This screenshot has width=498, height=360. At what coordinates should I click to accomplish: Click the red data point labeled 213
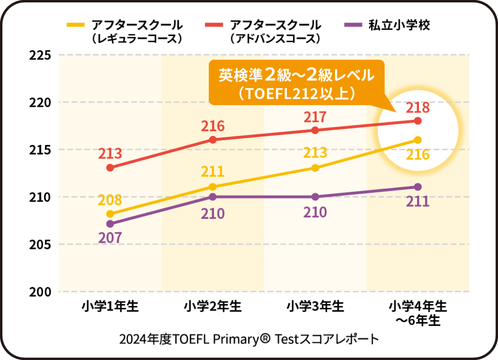110,168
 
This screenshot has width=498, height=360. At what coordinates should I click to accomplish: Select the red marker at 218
418,121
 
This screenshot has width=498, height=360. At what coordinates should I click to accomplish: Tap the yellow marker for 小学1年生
110,214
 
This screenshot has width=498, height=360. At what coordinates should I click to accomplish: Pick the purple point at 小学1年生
110,224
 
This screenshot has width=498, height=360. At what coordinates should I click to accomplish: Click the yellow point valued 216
418,140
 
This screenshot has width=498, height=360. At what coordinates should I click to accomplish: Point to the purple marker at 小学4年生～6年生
418,187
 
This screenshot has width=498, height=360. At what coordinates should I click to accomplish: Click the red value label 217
315,117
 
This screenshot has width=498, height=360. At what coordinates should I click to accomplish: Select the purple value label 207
110,237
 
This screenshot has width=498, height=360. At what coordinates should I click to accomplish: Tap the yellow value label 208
110,200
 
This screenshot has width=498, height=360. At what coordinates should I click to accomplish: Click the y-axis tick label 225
40,55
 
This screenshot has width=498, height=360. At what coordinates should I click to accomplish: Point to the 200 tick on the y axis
40,292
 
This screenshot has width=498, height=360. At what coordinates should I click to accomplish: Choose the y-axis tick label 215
40,150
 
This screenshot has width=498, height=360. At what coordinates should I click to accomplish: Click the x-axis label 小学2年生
213,306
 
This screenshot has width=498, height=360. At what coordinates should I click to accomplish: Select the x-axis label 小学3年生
315,306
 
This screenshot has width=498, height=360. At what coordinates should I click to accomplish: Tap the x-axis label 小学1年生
110,306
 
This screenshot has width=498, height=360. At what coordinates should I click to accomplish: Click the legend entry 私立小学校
399,25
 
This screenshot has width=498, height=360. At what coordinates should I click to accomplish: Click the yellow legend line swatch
76,24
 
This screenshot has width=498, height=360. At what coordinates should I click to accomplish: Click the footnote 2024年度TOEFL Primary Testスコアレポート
249,339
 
